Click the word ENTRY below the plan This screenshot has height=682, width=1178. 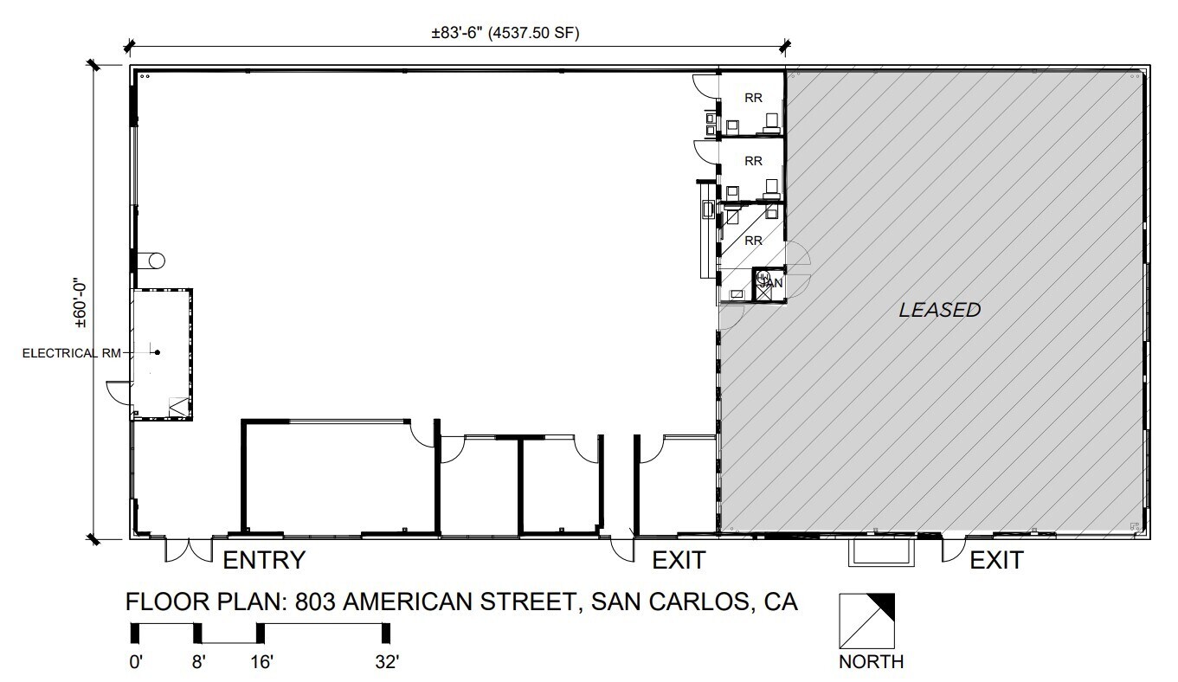[264, 560]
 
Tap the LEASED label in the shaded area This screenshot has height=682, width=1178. [940, 309]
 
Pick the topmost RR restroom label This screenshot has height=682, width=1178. [753, 98]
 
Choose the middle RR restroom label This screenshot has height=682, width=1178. [753, 161]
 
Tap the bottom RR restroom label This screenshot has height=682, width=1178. [753, 240]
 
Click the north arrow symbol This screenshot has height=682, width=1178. [866, 620]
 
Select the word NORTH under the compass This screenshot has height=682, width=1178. [872, 662]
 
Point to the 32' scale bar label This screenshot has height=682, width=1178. [386, 662]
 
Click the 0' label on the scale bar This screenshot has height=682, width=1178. [136, 662]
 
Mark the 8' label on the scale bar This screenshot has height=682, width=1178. [198, 662]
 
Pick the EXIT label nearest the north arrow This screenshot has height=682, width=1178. [995, 560]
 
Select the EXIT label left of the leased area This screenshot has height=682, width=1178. [679, 560]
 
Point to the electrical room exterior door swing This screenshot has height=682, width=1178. [118, 391]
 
